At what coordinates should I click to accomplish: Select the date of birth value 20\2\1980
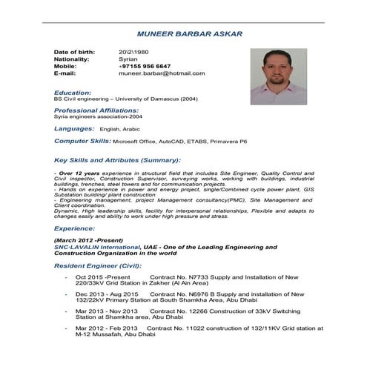point(133,50)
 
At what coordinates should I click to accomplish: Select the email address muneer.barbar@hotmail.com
point(162,73)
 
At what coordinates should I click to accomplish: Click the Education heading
point(72,92)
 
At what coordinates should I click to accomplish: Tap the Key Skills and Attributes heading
point(118,159)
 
